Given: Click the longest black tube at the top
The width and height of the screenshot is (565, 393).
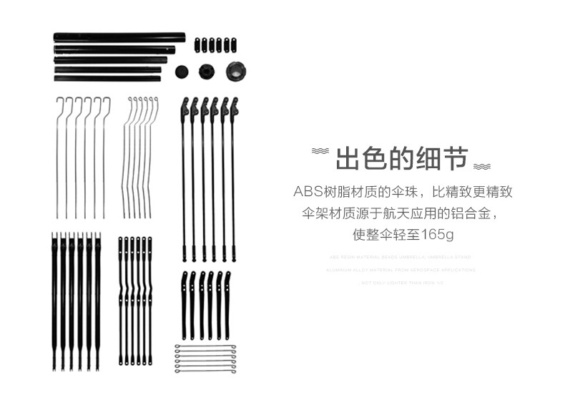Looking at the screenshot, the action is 118,36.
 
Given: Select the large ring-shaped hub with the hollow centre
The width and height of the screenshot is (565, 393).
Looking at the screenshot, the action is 235,70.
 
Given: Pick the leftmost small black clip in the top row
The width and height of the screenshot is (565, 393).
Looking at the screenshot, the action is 196,44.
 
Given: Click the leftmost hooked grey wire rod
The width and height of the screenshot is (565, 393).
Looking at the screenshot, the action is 58,157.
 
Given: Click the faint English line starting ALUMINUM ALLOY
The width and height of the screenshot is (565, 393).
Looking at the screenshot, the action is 401,270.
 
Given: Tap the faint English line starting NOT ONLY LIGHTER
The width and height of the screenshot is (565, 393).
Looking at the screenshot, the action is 401,283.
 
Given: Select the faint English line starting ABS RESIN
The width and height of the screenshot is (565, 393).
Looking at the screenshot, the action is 401,257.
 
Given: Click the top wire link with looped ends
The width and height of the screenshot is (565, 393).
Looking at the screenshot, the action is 205,347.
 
